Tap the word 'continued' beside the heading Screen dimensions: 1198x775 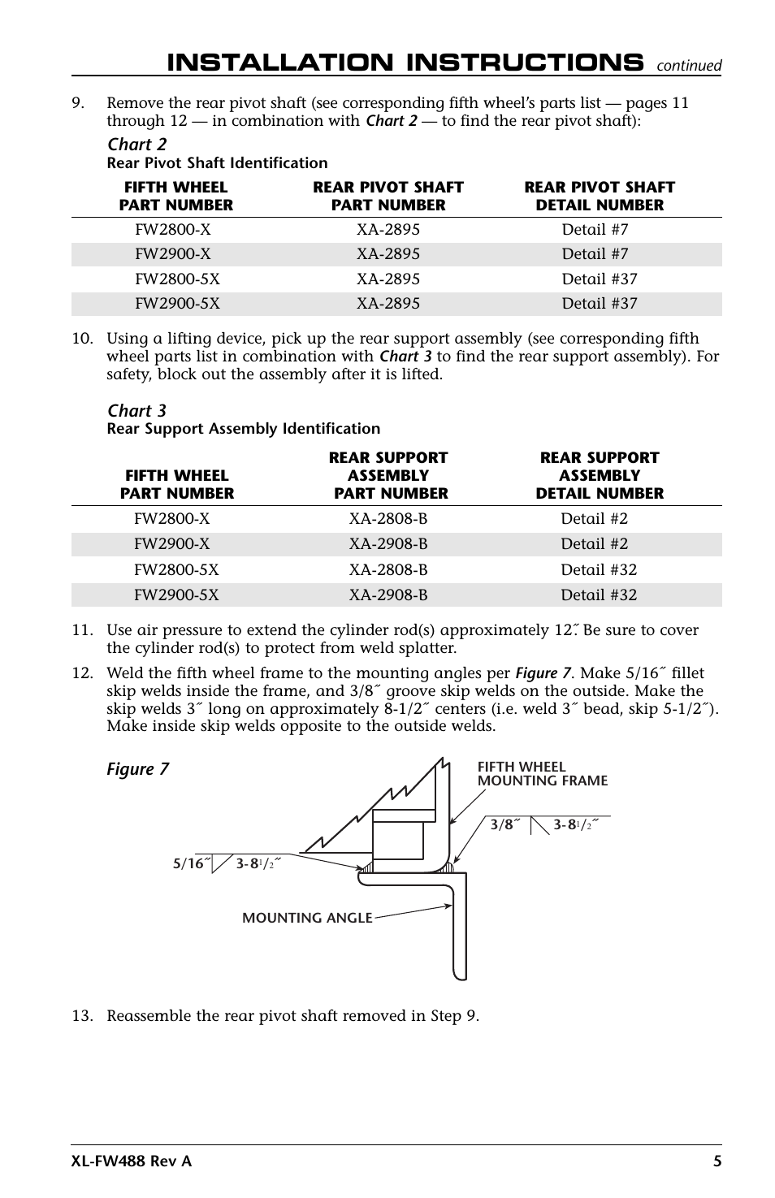click(689, 66)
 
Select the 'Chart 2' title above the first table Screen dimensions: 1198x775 click(136, 145)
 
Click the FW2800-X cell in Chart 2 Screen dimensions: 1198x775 click(172, 230)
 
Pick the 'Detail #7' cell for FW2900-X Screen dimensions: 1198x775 click(595, 254)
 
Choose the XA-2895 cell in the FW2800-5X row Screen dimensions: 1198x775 click(387, 279)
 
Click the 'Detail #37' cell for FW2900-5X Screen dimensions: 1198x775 click(600, 304)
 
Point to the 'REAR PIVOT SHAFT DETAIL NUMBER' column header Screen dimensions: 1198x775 click(600, 197)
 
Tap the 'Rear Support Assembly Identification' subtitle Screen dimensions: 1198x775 click(243, 429)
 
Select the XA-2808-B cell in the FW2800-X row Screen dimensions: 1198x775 click(387, 519)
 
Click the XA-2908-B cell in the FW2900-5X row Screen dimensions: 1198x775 click(387, 595)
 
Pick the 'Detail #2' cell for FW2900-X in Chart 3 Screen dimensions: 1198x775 click(594, 544)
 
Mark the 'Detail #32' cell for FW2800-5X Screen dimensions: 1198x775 click(599, 570)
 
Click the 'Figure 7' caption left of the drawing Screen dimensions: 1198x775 click(138, 769)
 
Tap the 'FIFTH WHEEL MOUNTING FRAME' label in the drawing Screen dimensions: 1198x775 click(542, 774)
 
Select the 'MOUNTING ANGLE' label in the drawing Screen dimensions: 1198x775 click(307, 918)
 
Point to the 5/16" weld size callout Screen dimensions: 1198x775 click(188, 865)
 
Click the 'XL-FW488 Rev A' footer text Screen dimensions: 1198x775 click(132, 1161)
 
